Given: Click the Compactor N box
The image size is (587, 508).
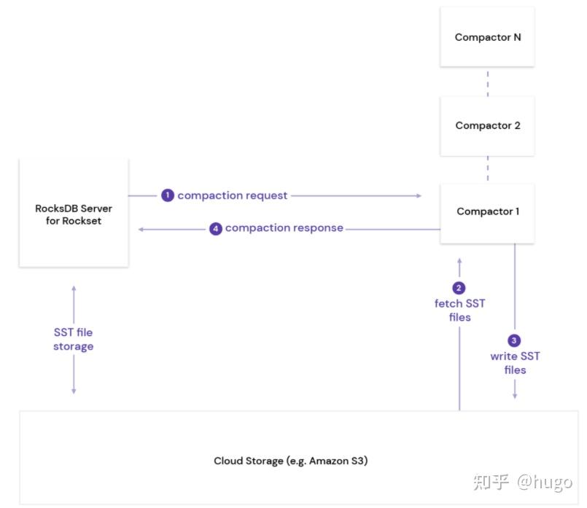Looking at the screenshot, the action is (487, 37).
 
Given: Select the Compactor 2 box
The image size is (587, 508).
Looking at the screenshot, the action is (487, 126).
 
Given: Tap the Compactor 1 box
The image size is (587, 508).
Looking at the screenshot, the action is (487, 214).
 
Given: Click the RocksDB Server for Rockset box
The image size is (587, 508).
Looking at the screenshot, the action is (74, 213).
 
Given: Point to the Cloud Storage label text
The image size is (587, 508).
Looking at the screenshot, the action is (290, 461).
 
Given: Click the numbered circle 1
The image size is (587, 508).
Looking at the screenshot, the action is (168, 195).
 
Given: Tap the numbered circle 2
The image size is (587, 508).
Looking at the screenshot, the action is (459, 288).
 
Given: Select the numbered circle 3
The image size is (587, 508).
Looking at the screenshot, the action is (514, 340).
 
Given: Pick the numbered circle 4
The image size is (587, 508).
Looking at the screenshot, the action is (216, 229).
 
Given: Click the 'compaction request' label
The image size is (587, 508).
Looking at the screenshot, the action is (233, 195).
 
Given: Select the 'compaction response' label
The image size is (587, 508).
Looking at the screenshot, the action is (284, 228).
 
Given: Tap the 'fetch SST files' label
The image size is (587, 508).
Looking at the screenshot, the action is (459, 310).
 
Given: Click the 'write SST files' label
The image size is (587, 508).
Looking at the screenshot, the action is (515, 363).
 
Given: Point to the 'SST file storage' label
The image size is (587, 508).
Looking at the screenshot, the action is (74, 340).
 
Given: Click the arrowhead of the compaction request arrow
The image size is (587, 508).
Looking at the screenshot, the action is (419, 195).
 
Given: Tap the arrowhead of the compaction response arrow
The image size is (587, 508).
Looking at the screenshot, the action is (141, 230).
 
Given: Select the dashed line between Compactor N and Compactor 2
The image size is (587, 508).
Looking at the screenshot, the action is (487, 83).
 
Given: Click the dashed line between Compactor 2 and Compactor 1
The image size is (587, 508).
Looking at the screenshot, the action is (487, 169).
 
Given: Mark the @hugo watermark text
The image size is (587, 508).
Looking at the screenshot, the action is (545, 482).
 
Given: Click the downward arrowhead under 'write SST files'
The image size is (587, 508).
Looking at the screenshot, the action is (515, 396).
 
